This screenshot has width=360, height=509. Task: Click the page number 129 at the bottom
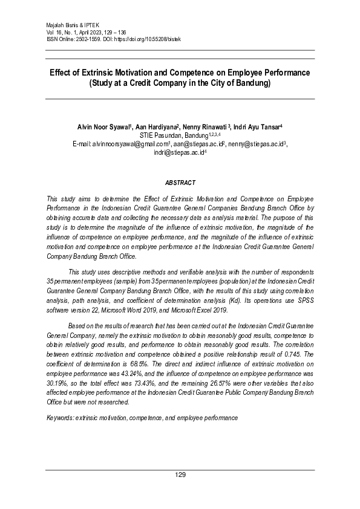click(x=180, y=475)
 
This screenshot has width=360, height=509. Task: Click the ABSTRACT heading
click(x=180, y=182)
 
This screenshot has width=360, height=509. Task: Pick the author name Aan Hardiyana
click(x=155, y=128)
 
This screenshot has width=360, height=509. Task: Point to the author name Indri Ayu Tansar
click(x=256, y=128)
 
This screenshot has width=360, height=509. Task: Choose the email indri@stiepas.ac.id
click(x=179, y=153)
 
